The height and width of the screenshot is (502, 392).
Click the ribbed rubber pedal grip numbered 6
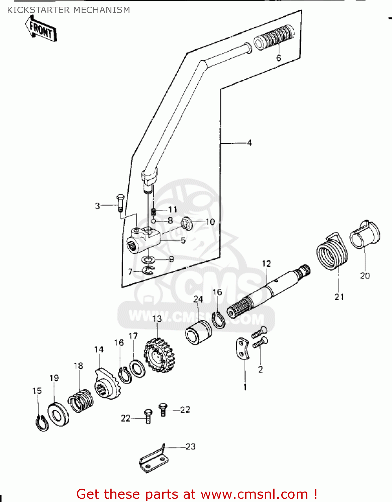[x=274, y=37]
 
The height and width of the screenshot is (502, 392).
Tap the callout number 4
[x=250, y=143]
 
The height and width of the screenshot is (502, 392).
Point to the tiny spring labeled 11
[x=154, y=212]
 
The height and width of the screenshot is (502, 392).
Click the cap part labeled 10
[x=187, y=223]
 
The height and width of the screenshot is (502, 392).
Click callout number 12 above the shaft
[x=266, y=264]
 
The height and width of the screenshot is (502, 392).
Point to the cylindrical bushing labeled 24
[x=198, y=332]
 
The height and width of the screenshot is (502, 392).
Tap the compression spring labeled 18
[x=81, y=401]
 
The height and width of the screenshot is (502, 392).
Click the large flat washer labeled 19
[x=59, y=415]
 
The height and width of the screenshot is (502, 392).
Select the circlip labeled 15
[x=42, y=424]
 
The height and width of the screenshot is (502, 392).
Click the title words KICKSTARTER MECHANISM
[x=69, y=10]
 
